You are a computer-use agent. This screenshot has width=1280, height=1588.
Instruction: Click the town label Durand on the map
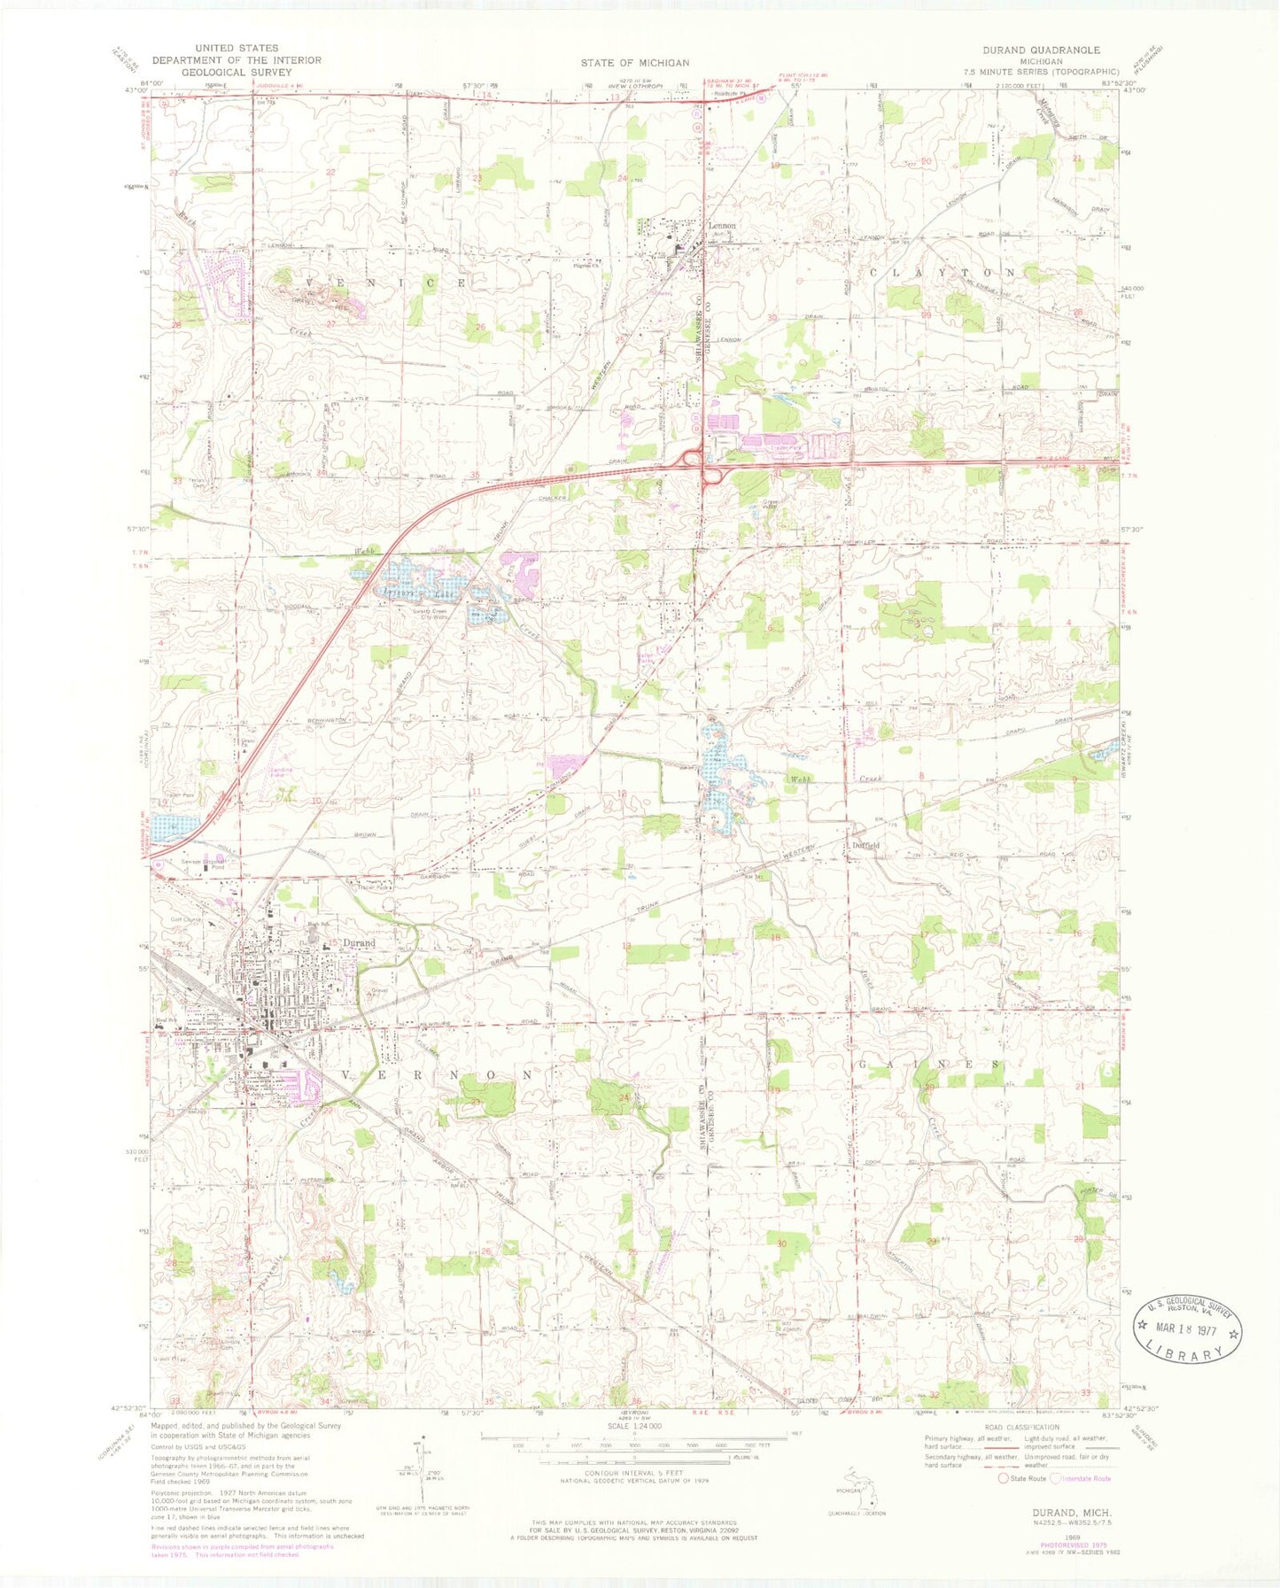pos(359,944)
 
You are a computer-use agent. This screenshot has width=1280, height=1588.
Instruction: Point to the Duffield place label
pos(865,845)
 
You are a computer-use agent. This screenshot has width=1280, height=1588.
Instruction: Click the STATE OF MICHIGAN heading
pos(634,62)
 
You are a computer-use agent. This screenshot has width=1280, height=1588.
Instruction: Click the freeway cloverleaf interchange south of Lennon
pos(704,465)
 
